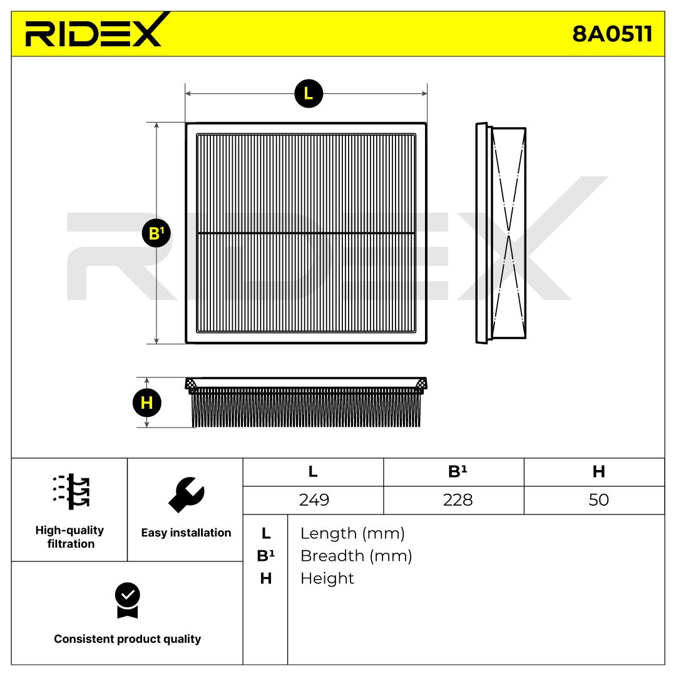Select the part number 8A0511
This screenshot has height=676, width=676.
[x=612, y=34]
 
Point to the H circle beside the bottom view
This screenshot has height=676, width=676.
[x=147, y=403]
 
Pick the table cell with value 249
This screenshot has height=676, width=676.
[x=313, y=500]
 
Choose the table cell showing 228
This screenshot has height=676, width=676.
[x=454, y=500]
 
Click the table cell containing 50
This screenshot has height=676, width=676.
[x=598, y=500]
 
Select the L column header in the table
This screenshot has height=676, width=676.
[x=313, y=472]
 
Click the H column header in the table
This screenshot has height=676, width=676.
[x=598, y=472]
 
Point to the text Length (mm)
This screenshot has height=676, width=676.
[x=352, y=534]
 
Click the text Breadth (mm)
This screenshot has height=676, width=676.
[x=356, y=556]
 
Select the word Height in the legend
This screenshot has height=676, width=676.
[x=327, y=578]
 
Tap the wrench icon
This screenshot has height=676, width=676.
[x=186, y=494]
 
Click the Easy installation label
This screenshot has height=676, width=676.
[x=186, y=533]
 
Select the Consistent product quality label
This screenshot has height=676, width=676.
[x=127, y=639]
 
